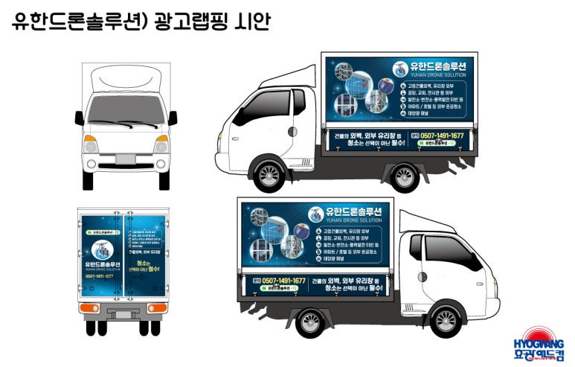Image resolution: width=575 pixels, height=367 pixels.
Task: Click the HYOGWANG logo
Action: coord(539,345)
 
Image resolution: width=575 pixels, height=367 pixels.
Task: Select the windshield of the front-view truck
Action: coord(126,109)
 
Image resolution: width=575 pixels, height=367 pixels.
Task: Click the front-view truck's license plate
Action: coord(126,159)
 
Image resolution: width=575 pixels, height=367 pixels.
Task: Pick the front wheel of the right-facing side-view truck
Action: coord(446,321)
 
